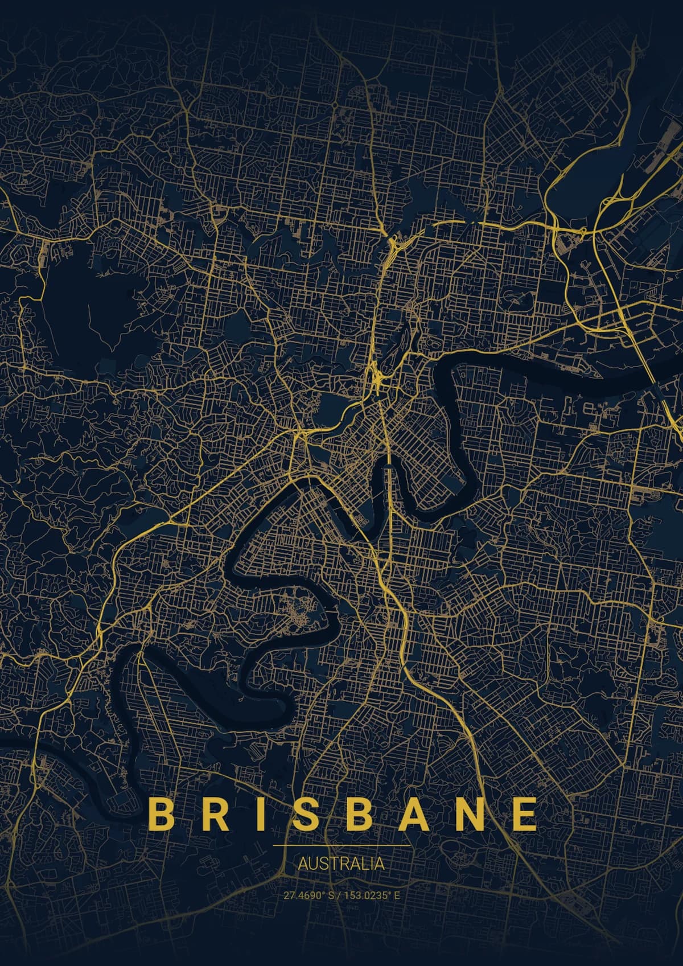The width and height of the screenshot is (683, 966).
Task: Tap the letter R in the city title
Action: tap(209, 814)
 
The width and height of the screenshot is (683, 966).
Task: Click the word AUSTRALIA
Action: tap(341, 864)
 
